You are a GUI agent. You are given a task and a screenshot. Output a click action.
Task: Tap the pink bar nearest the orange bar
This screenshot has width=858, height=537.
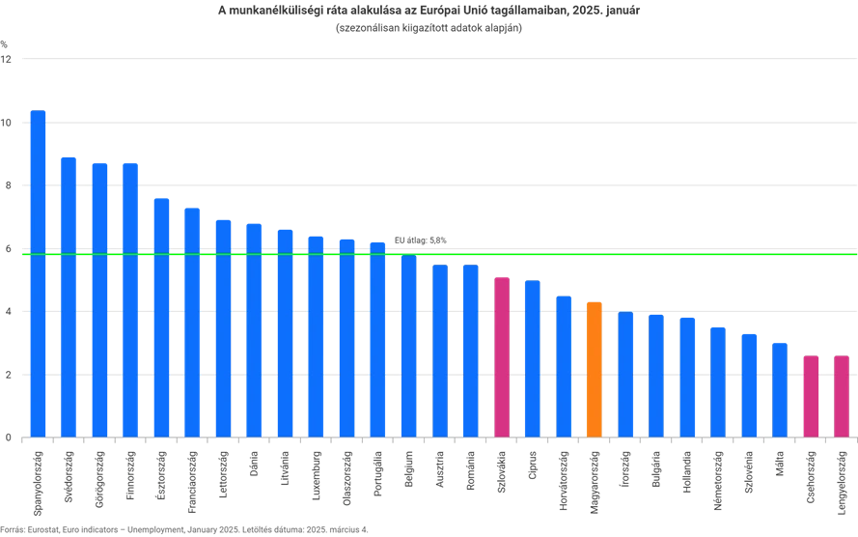502,356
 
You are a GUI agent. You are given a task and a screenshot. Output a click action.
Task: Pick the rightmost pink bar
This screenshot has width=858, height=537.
842,396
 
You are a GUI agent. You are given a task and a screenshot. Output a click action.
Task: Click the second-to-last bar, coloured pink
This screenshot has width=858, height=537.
812,396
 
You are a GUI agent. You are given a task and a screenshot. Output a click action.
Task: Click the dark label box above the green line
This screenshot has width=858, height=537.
421,239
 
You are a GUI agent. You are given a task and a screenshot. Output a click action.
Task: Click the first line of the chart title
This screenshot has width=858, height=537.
428,10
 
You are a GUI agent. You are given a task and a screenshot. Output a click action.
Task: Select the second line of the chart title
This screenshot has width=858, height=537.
428,29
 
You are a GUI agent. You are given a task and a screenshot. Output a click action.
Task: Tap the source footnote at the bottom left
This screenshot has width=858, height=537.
183,529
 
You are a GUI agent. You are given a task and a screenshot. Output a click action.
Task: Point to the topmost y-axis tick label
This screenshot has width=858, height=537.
8,59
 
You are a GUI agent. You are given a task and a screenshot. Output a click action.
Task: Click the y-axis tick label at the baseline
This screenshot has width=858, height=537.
8,438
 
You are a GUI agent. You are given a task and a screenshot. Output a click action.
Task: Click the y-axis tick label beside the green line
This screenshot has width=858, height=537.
8,248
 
